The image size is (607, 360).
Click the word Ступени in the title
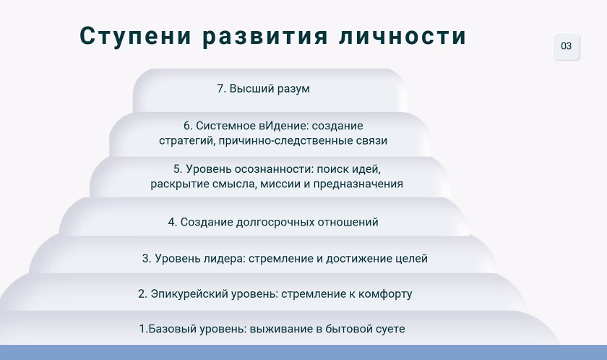(136, 36)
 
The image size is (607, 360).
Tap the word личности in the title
(402, 36)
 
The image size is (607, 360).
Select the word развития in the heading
(264, 36)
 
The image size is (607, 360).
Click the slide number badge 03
(566, 46)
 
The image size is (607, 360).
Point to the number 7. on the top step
(221, 89)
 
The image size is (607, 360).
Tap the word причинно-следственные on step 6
(286, 140)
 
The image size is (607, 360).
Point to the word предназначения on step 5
(358, 184)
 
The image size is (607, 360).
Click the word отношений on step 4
(348, 222)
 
